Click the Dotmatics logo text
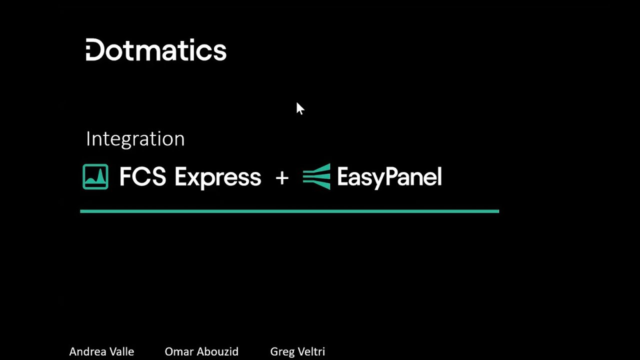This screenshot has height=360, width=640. pyautogui.click(x=156, y=50)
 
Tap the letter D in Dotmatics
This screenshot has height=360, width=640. pyautogui.click(x=95, y=50)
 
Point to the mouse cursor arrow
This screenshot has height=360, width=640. pyautogui.click(x=299, y=108)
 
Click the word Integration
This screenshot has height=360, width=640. pyautogui.click(x=135, y=138)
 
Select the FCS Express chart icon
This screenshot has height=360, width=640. pyautogui.click(x=95, y=177)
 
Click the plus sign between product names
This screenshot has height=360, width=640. pyautogui.click(x=282, y=177)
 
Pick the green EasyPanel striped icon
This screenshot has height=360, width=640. pyautogui.click(x=316, y=176)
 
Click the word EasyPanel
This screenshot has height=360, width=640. pyautogui.click(x=389, y=177)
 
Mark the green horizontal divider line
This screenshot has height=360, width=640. pyautogui.click(x=289, y=211)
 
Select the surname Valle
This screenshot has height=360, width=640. pyautogui.click(x=120, y=351)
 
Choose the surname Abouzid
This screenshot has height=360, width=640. pyautogui.click(x=215, y=351)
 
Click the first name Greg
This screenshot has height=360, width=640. pyautogui.click(x=280, y=352)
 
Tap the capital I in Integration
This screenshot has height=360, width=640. pyautogui.click(x=88, y=138)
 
